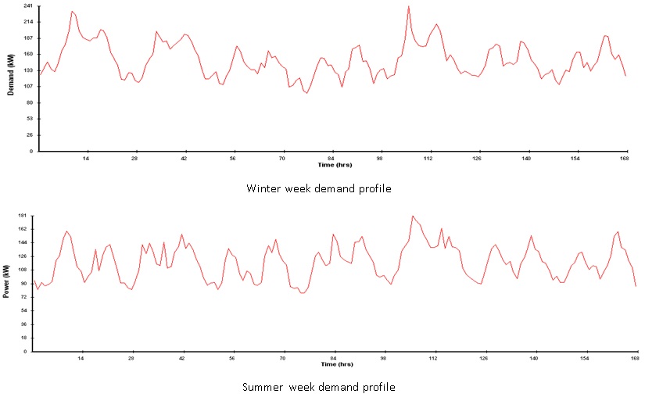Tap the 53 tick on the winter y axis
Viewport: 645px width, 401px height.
point(28,119)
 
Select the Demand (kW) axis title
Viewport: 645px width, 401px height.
point(11,79)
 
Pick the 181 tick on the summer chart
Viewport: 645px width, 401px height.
point(22,215)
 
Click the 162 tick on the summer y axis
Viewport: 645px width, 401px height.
point(22,229)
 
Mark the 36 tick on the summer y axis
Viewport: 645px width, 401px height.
point(23,324)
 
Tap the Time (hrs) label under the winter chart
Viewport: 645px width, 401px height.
point(333,164)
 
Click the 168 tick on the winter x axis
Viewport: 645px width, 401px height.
point(625,158)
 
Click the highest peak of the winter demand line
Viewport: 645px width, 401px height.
point(408,6)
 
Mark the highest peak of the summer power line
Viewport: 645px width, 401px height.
point(412,216)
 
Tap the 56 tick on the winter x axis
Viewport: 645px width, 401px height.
point(233,158)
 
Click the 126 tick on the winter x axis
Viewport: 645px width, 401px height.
point(478,158)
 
